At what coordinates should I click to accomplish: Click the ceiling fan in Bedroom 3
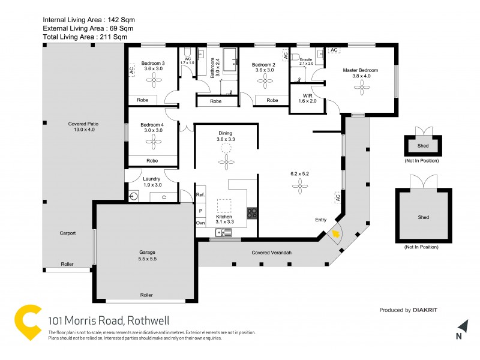pos(154,83)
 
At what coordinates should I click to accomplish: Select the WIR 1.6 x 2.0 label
pos(307,98)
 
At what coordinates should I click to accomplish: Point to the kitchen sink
pos(223,233)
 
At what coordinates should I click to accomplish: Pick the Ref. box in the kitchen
pos(200,195)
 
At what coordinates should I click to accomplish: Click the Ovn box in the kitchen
pos(200,223)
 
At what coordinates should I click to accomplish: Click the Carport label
pos(67,233)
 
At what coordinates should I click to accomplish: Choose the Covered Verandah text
pos(271,253)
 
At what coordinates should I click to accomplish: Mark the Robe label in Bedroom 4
pos(152,161)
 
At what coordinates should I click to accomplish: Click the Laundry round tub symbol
pos(134,196)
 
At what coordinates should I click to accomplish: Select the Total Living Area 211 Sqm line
pos(85,37)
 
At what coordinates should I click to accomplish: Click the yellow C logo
pos(28,323)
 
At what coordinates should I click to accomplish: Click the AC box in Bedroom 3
pos(131,71)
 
